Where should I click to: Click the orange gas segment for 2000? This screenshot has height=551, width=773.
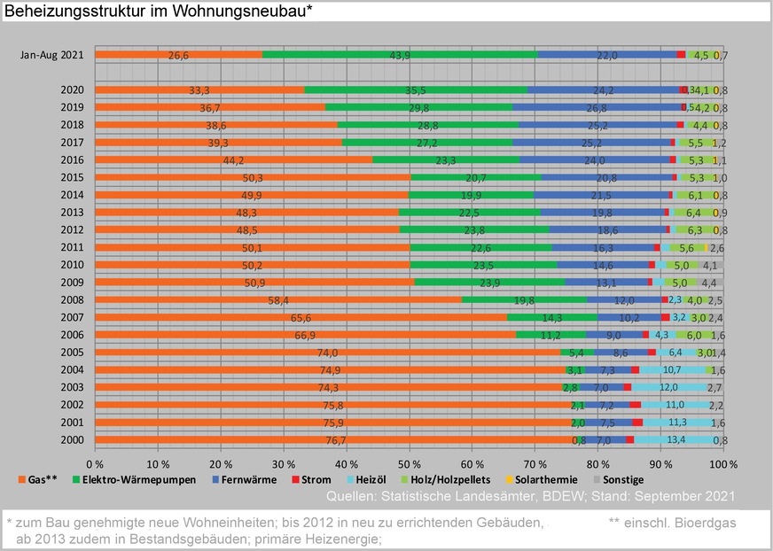point(333,439)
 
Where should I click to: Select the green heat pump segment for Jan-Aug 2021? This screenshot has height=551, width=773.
point(399,55)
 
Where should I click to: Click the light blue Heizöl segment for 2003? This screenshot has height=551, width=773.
point(668,387)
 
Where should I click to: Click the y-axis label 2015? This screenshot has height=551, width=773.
point(73,177)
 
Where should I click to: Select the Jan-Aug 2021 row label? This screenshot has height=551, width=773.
point(52,55)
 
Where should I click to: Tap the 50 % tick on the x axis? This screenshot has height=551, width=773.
point(410,463)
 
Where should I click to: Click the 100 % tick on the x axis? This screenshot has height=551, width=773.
point(723,463)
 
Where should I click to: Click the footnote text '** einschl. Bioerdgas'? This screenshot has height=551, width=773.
point(672,523)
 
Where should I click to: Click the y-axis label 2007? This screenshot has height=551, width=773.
point(73,317)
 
